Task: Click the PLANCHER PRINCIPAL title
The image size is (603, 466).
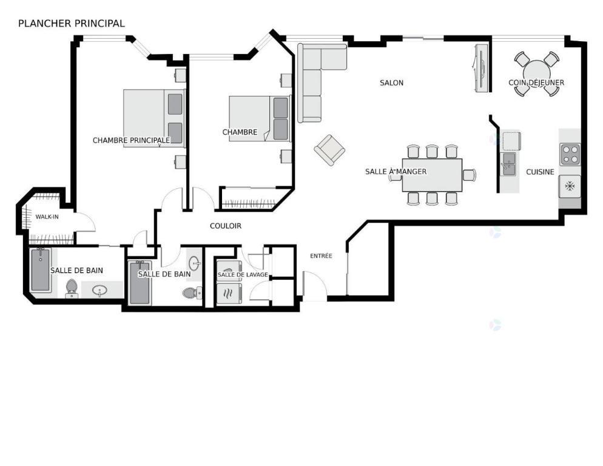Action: tap(72, 24)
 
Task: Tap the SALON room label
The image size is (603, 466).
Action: tap(391, 83)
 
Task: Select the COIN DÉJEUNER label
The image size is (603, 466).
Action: tap(536, 83)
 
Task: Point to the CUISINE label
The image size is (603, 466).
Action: tap(540, 172)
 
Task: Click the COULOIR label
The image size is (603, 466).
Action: tap(226, 226)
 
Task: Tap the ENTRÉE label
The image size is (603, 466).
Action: tap(321, 256)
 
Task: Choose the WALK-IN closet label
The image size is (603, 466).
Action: tap(47, 217)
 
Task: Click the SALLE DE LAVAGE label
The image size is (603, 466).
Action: tap(243, 275)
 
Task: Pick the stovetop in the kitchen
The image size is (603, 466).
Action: tap(570, 154)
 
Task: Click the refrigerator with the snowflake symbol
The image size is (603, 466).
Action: tap(570, 186)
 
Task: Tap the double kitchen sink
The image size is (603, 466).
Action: tap(509, 164)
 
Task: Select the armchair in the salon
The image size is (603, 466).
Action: tap(329, 150)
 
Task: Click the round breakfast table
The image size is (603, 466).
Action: tap(536, 73)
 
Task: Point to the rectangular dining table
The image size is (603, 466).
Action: tap(433, 175)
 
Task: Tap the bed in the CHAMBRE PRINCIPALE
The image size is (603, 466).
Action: tap(154, 118)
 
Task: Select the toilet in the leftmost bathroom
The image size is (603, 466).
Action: tap(72, 289)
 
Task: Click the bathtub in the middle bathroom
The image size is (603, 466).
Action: tap(140, 282)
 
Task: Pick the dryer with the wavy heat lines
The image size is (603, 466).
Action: tap(229, 294)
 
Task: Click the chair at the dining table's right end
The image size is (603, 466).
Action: tap(470, 175)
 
